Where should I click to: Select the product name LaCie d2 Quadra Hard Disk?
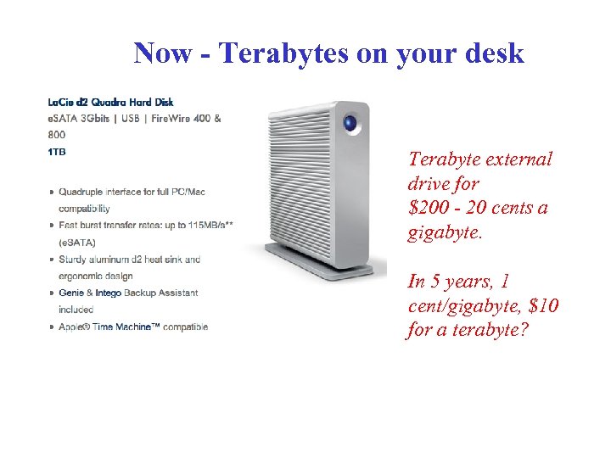point(111,103)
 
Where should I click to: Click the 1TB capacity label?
point(57,152)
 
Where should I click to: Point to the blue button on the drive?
point(349,124)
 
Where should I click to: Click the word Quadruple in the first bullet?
point(83,192)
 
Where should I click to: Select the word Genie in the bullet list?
point(72,293)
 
